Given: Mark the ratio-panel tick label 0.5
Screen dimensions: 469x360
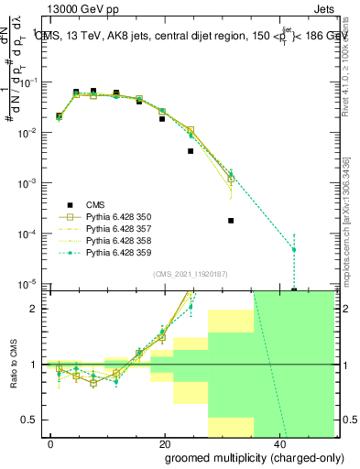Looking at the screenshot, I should point(29,420).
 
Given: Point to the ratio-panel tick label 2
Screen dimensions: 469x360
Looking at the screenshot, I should point(34,308).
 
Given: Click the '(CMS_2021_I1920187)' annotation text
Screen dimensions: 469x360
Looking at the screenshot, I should point(189,274).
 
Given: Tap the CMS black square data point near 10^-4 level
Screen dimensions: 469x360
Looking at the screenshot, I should point(231,221).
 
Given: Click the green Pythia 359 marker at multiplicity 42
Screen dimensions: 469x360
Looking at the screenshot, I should point(294,249).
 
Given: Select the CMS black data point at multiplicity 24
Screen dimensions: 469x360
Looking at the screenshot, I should point(191,151).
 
